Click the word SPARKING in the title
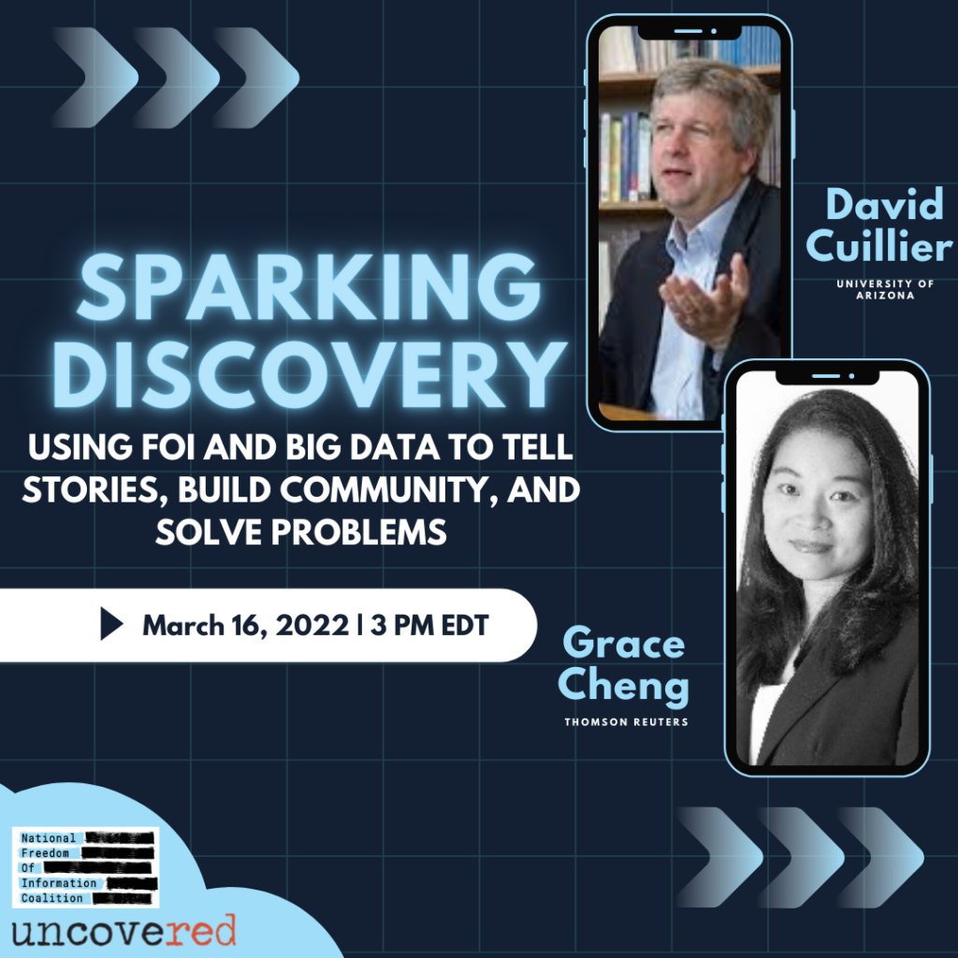(309, 286)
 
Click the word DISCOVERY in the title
(309, 372)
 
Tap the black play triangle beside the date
(111, 624)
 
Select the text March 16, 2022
(246, 625)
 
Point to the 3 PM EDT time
(429, 625)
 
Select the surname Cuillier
(878, 246)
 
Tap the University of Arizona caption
(885, 289)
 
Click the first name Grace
(623, 643)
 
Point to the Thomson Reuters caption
(626, 722)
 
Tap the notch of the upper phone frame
(689, 33)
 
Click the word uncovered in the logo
(123, 932)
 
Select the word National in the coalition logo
(49, 837)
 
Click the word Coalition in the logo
(52, 897)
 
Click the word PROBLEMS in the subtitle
(359, 531)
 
